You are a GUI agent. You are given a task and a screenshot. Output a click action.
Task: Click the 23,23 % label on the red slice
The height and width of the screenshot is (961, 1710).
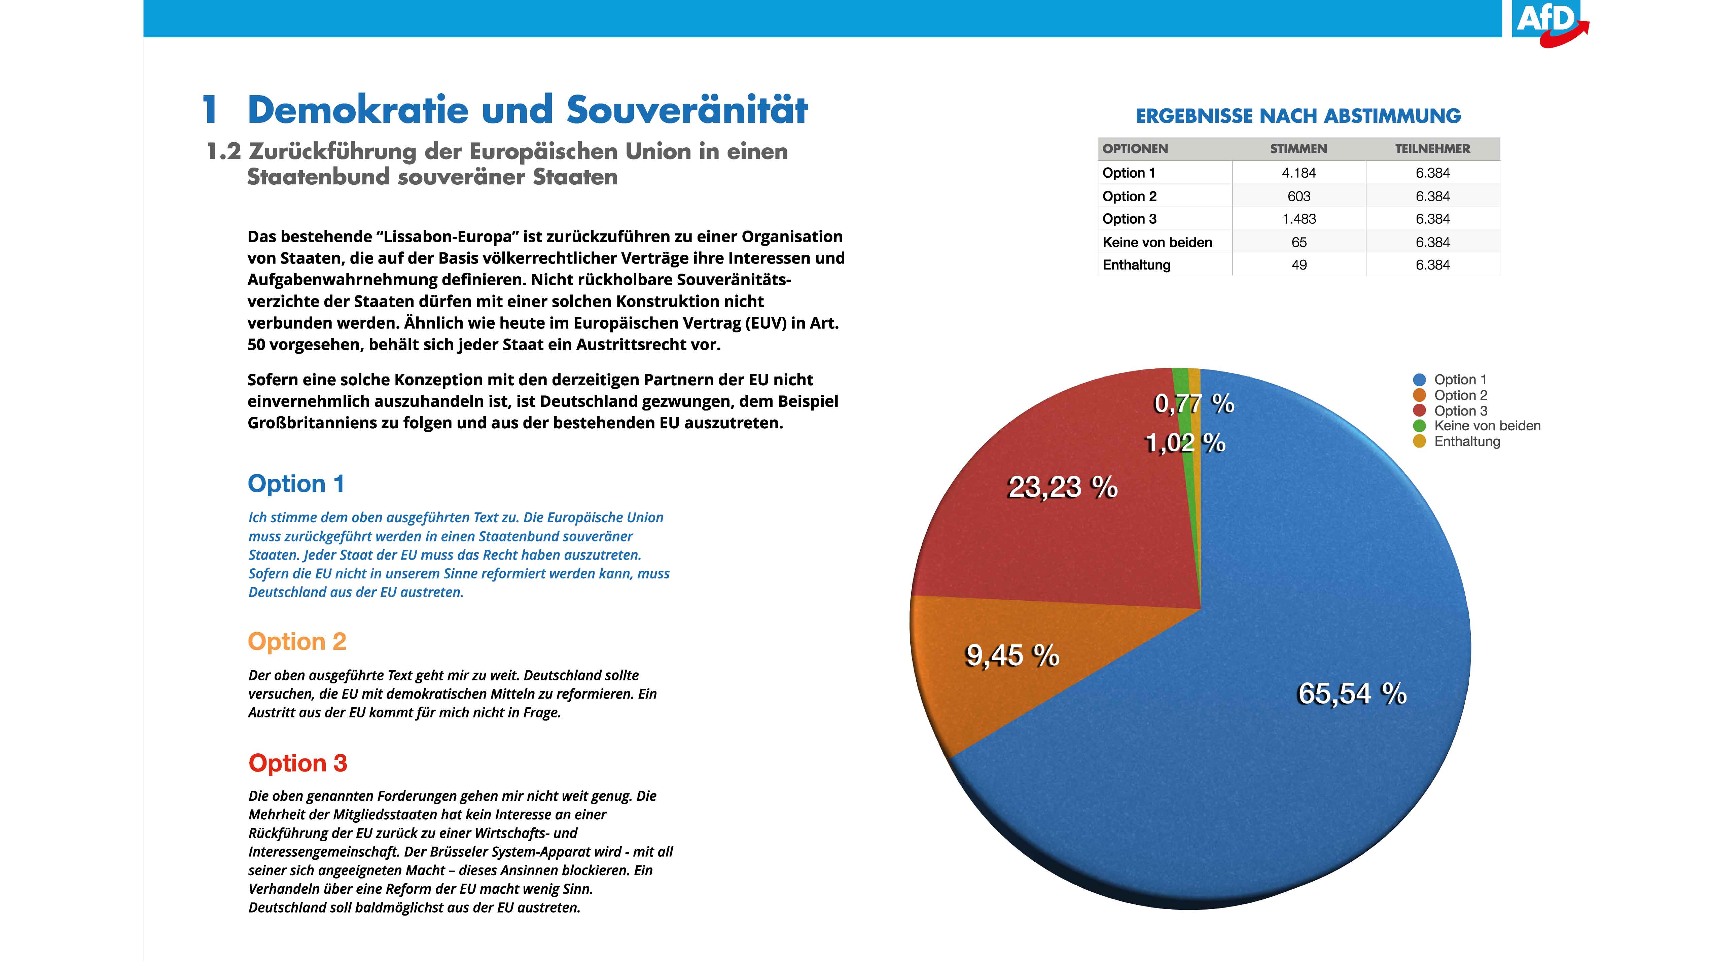(1063, 487)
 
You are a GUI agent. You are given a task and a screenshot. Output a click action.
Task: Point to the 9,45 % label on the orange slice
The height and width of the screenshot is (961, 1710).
(1012, 655)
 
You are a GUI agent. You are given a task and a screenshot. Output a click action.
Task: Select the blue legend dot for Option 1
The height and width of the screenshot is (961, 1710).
(1419, 380)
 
